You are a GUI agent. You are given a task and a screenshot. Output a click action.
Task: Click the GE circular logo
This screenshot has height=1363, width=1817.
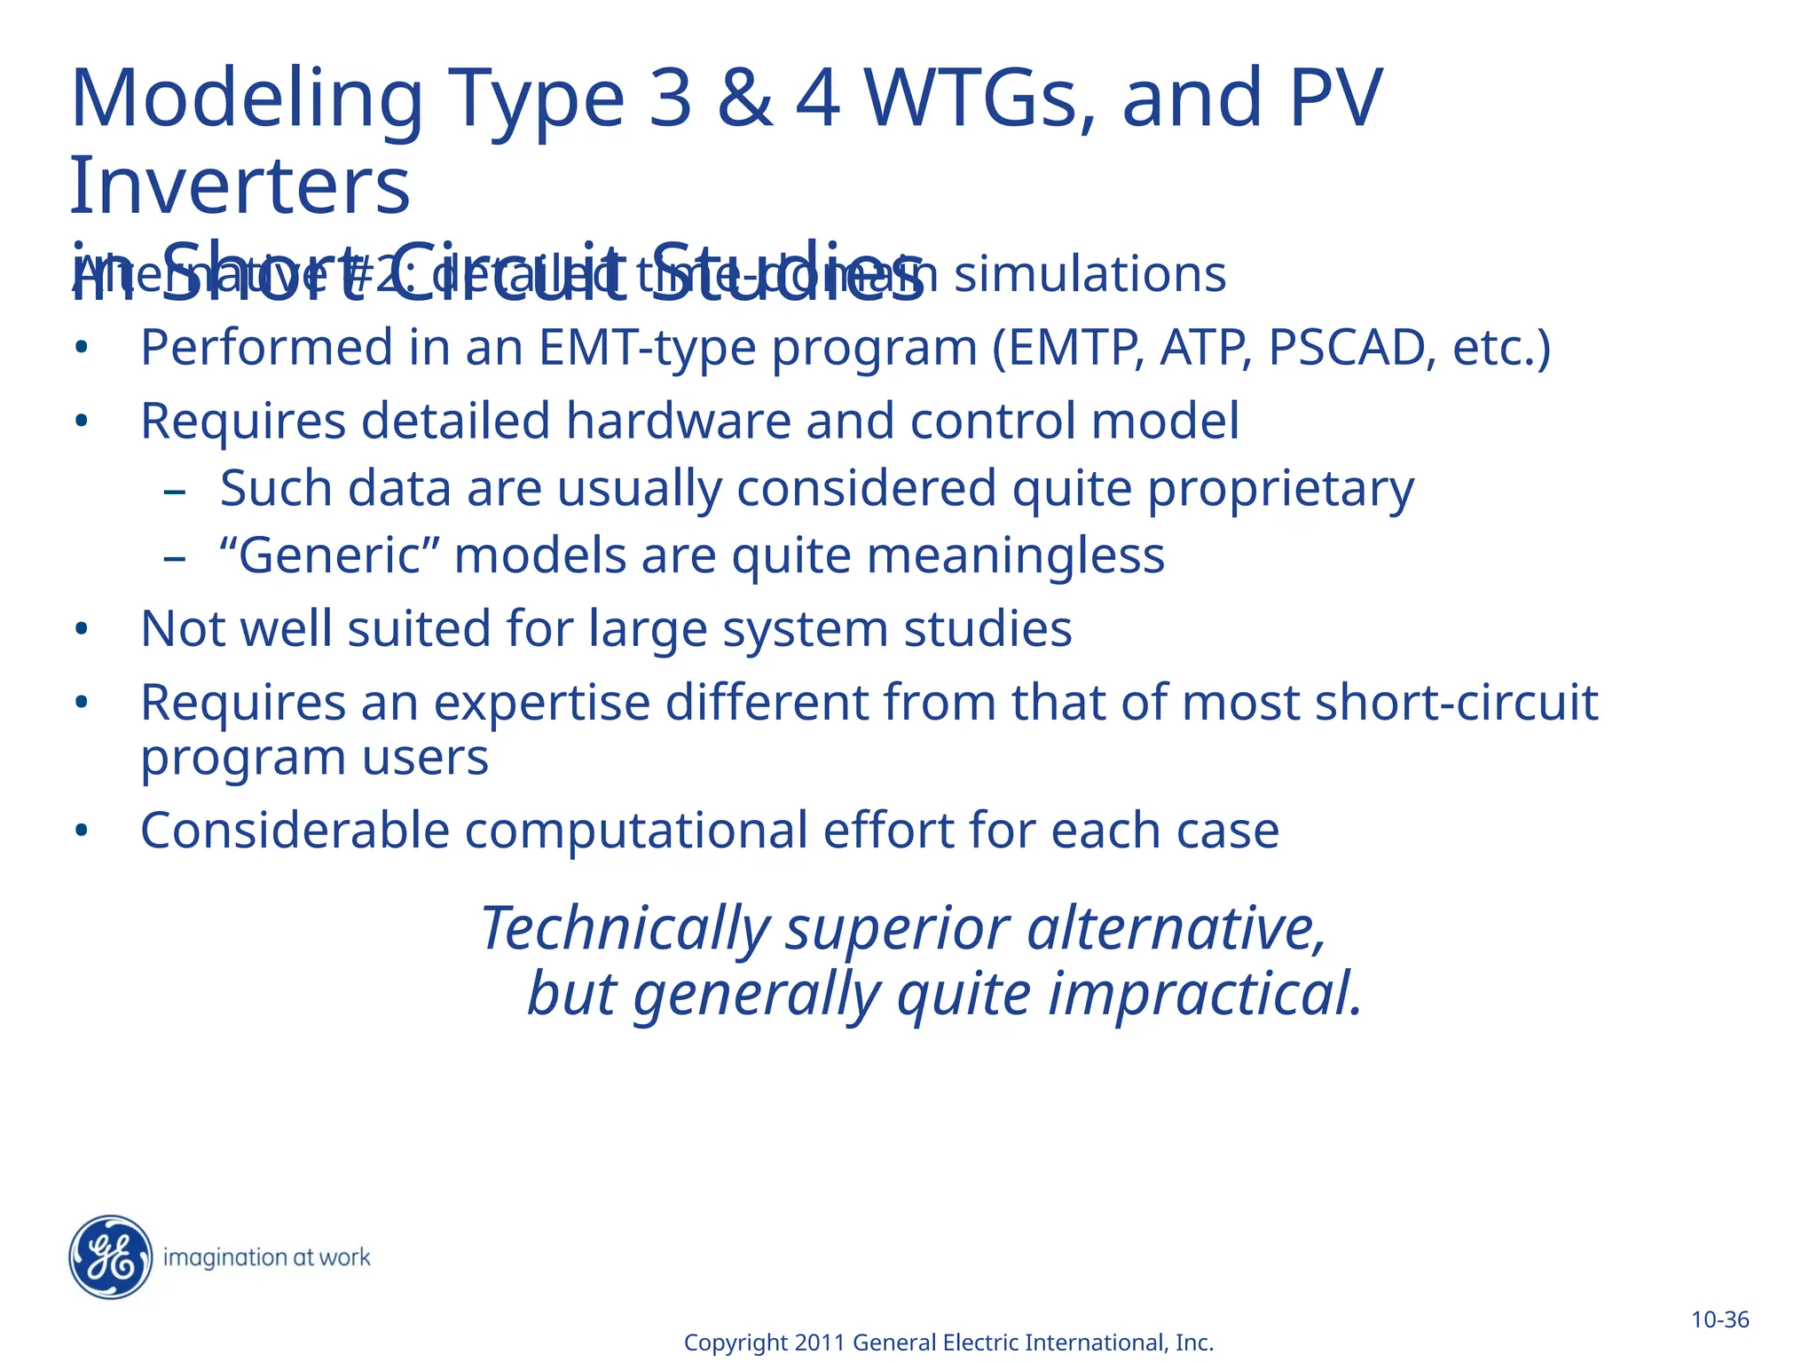coord(110,1257)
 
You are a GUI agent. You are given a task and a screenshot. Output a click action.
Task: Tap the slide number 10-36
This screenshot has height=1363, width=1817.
coord(1719,1320)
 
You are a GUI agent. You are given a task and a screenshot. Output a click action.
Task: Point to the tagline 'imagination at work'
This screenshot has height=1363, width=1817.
coord(267,1257)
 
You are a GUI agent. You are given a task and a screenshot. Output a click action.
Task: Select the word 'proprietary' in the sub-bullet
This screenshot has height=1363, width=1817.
coord(1280,489)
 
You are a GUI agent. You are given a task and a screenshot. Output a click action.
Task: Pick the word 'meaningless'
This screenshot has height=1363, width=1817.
coord(1015,556)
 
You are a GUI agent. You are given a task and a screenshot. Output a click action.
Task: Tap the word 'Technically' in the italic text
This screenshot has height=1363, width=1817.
coord(625,929)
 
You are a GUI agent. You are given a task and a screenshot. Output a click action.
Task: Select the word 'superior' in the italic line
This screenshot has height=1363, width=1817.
coord(898,929)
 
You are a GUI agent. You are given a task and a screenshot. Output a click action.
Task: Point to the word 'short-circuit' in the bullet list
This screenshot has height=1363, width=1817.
coord(1456,703)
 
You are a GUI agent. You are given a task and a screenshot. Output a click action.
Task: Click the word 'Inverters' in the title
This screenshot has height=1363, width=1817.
coord(240,186)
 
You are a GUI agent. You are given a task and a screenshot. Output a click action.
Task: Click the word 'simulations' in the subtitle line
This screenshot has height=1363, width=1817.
coord(1089,274)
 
